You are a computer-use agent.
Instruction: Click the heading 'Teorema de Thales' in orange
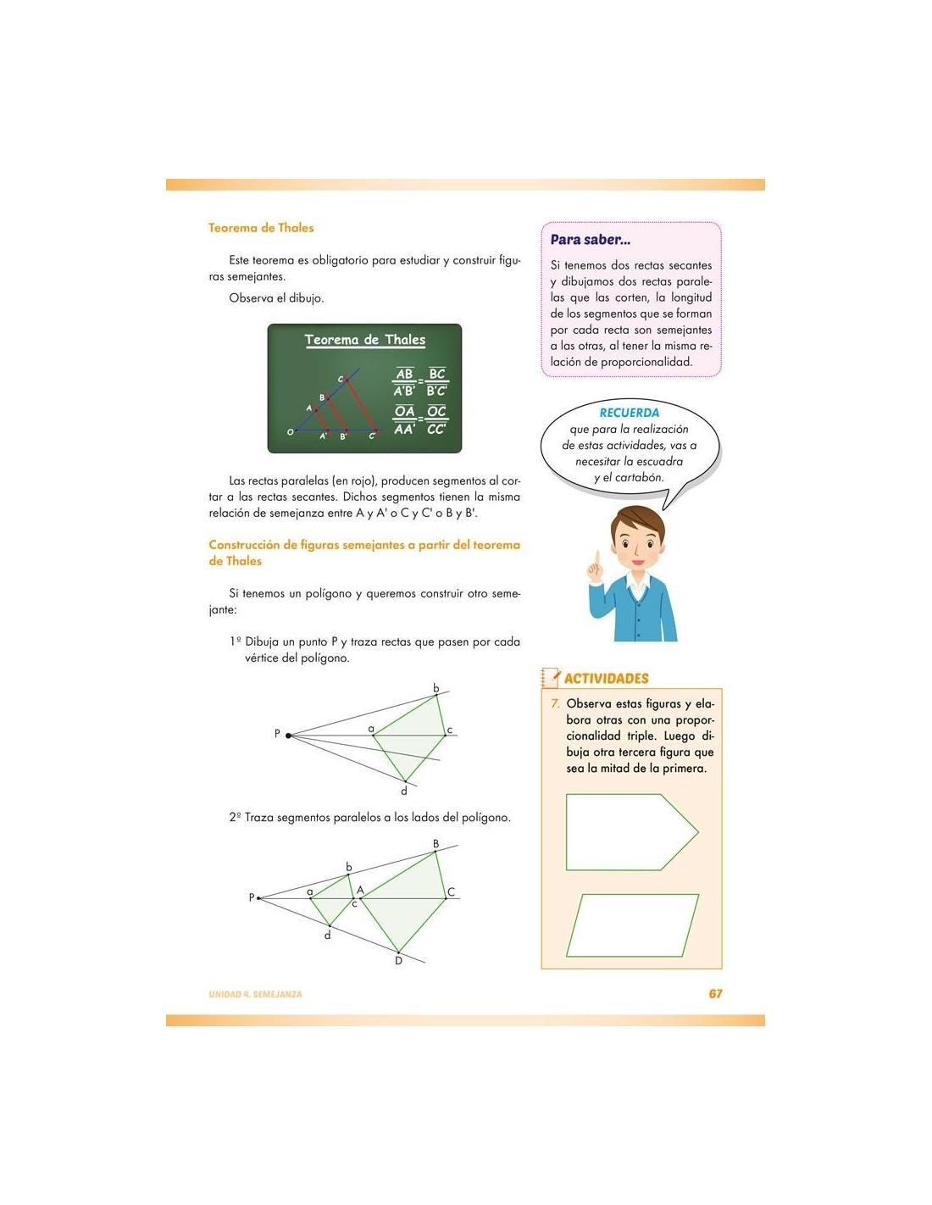[x=261, y=228]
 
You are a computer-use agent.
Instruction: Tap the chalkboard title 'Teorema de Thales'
[x=364, y=340]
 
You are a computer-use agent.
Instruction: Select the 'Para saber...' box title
[x=590, y=240]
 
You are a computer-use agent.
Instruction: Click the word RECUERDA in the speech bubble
[x=629, y=413]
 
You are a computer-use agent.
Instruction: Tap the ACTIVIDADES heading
[x=606, y=678]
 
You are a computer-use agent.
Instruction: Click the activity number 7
[x=555, y=703]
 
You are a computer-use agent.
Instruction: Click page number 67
[x=715, y=993]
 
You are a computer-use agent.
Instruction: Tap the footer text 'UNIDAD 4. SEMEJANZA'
[x=255, y=994]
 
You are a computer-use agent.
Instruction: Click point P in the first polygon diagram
[x=288, y=735]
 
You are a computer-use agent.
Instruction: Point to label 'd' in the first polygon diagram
[x=404, y=791]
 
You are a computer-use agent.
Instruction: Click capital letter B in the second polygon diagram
[x=436, y=843]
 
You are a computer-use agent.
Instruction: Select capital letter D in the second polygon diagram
[x=398, y=961]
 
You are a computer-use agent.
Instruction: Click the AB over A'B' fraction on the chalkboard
[x=404, y=382]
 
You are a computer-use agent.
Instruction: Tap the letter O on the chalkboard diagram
[x=291, y=432]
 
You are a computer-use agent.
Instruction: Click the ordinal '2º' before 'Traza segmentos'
[x=235, y=818]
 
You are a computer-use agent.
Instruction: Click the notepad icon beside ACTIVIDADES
[x=551, y=677]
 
